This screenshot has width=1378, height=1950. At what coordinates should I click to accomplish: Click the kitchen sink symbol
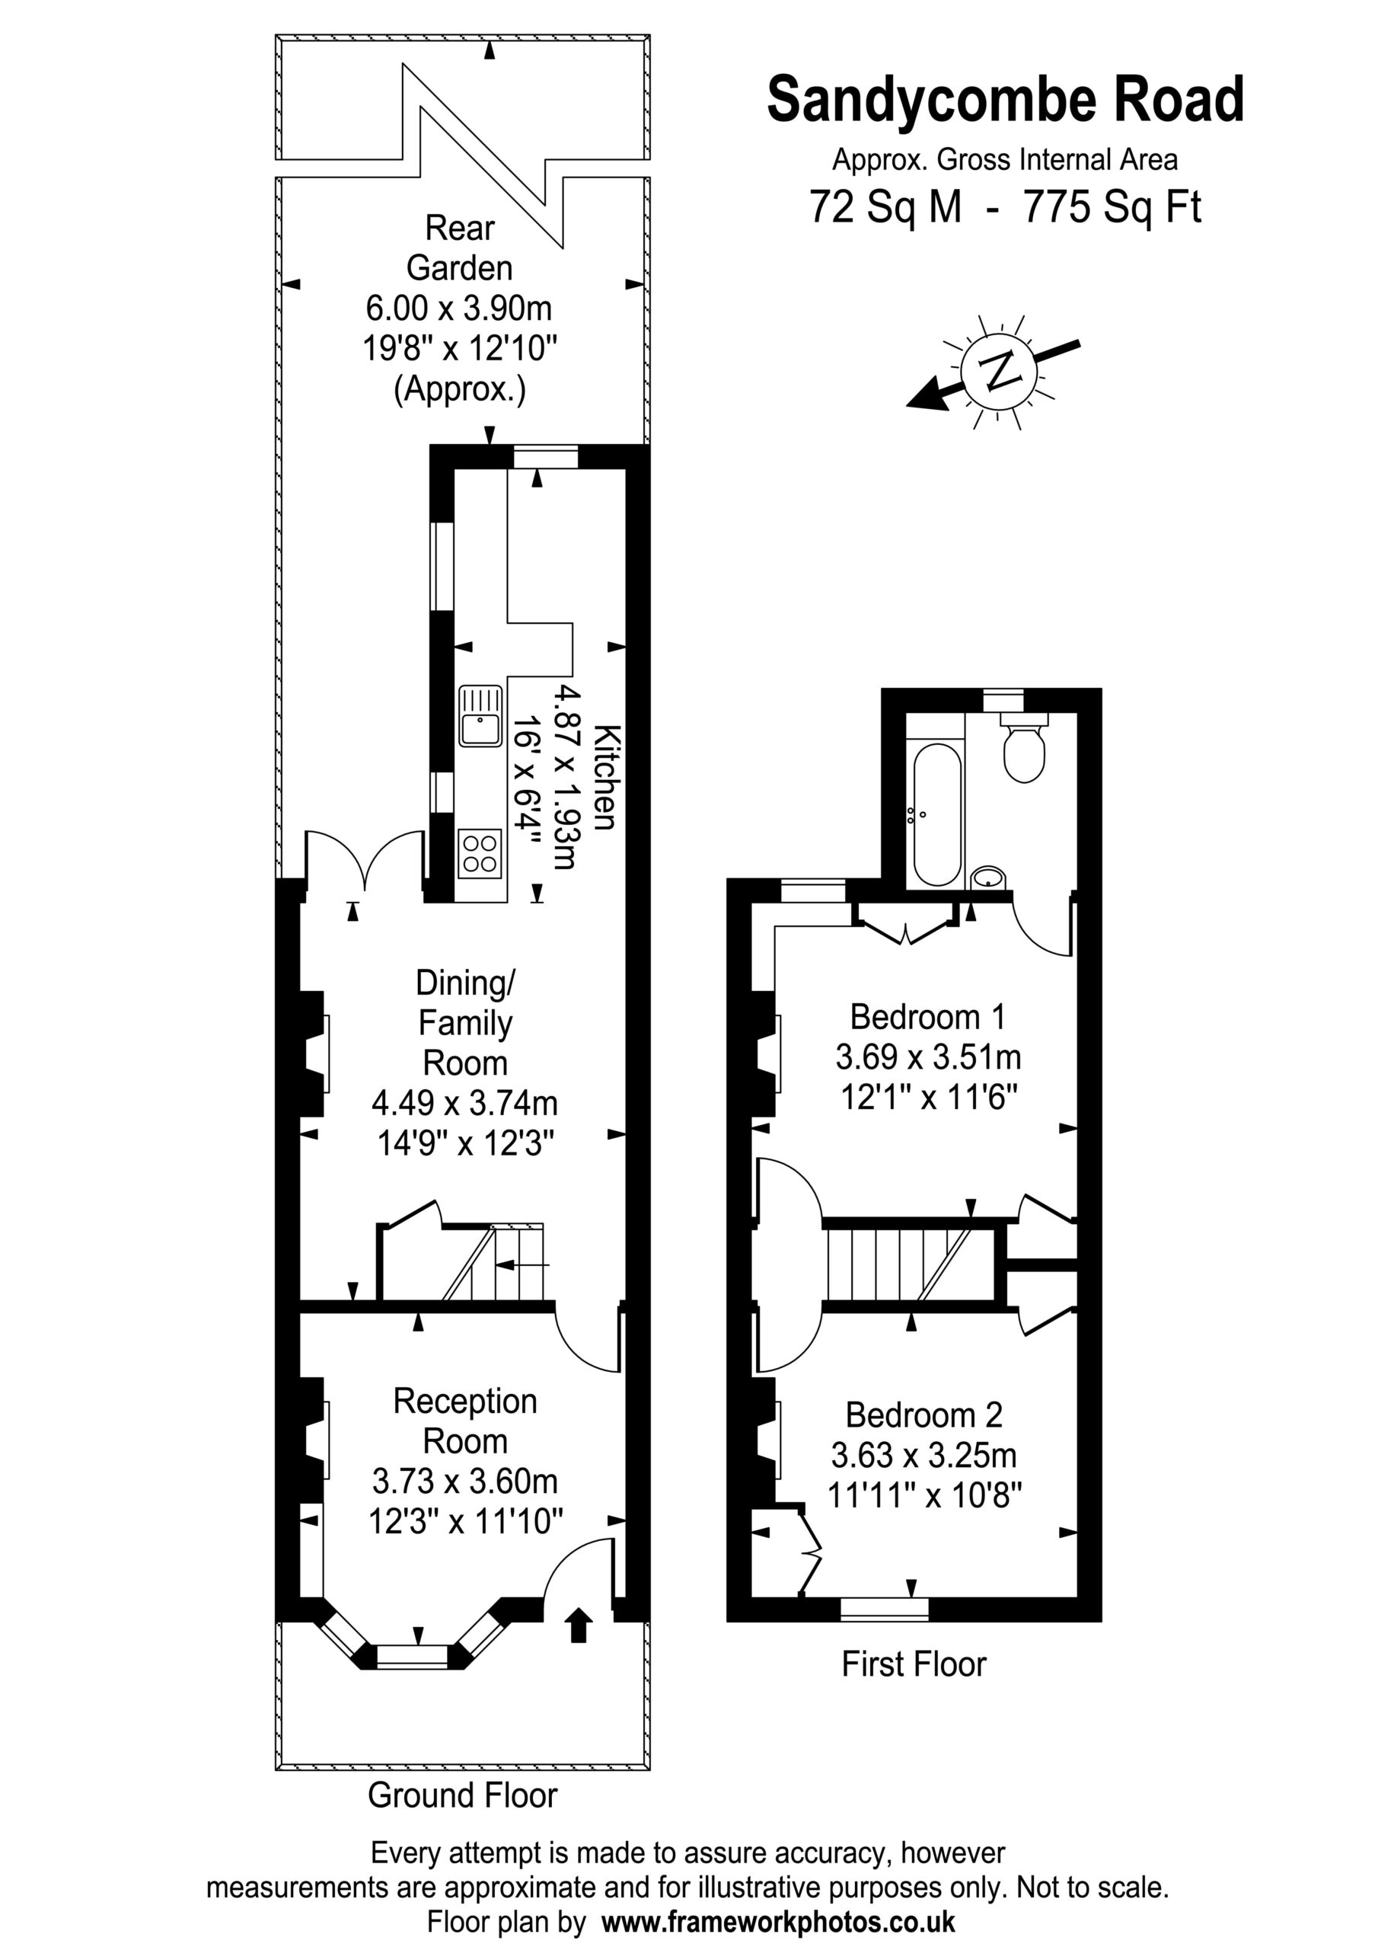point(480,716)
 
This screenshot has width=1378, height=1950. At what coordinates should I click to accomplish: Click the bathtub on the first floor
point(938,814)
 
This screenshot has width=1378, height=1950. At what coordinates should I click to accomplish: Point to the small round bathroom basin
point(988,877)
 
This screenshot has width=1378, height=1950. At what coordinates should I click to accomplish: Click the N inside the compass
point(1000,370)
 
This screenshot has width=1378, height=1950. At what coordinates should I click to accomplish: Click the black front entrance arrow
point(579,1625)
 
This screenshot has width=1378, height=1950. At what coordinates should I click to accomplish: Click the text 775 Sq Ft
point(1112,206)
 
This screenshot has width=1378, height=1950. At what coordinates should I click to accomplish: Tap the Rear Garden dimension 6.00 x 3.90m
point(459,308)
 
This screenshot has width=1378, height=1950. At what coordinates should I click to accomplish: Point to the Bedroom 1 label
point(928,1017)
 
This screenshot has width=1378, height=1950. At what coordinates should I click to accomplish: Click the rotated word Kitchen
point(604,777)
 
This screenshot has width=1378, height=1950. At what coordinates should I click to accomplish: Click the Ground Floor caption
point(463,1795)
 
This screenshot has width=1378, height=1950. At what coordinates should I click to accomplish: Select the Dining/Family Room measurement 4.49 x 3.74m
point(465,1103)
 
